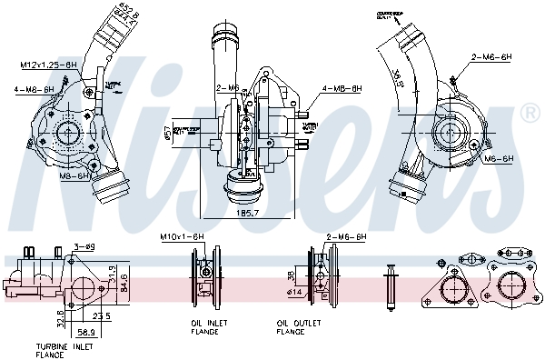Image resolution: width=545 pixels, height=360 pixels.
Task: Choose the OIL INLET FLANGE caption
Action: pyautogui.click(x=204, y=327)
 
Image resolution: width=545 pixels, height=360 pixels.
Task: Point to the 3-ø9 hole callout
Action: pyautogui.click(x=84, y=245)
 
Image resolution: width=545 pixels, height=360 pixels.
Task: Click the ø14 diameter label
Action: pyautogui.click(x=296, y=292)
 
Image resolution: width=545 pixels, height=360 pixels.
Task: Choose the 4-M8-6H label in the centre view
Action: pyautogui.click(x=342, y=88)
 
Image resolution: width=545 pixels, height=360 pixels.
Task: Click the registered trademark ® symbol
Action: pyautogui.click(x=531, y=114)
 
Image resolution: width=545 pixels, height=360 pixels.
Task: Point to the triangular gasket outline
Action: pyautogui.click(x=453, y=286)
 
